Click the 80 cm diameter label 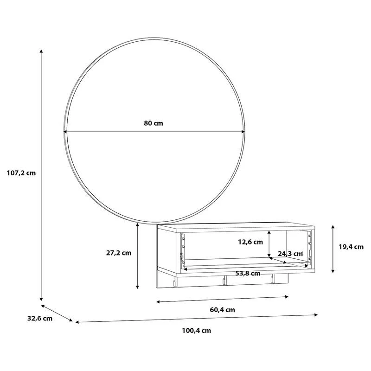[x=154, y=123]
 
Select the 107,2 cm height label [x=21, y=173]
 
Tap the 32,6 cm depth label [x=40, y=319]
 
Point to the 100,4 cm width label [x=196, y=331]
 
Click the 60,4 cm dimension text [x=223, y=310]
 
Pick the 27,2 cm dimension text [x=119, y=253]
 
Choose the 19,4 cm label [x=351, y=247]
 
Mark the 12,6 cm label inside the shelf [x=250, y=242]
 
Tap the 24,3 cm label [x=290, y=254]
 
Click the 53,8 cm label [x=248, y=274]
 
